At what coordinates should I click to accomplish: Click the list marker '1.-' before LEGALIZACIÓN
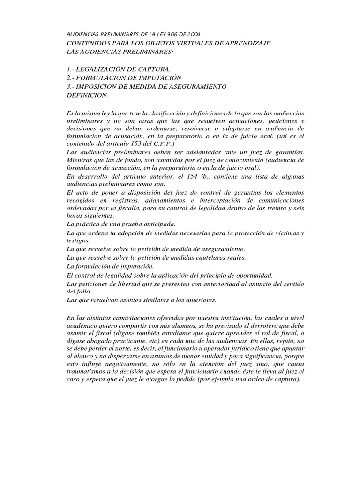pyautogui.click(x=72, y=69)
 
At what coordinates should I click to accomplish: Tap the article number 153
pyautogui.click(x=126, y=143)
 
